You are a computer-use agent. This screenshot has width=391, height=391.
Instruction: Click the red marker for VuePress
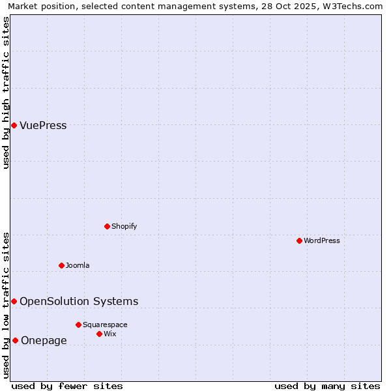14,125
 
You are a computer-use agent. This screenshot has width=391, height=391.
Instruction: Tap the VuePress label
43,126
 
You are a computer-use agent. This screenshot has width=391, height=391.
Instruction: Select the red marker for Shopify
108,226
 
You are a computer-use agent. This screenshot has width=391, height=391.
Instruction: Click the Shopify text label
124,227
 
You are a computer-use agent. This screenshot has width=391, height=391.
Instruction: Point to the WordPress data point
299,240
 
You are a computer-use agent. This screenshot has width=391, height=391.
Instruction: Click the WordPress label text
321,241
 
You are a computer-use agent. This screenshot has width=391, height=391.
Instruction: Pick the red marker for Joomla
62,265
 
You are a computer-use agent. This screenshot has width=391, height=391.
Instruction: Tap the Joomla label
78,266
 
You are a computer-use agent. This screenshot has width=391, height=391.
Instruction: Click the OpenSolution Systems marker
14,301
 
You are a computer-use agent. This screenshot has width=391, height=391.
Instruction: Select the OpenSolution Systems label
79,301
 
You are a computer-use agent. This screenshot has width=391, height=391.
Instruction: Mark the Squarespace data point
78,325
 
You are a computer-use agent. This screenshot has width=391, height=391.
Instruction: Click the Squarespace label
105,325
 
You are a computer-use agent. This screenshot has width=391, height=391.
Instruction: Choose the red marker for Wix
99,334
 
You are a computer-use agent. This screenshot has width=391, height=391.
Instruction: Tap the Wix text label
109,334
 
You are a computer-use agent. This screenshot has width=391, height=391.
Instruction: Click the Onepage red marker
15,340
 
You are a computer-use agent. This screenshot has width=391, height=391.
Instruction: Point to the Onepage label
44,341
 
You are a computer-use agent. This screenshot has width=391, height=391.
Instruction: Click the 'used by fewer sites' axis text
67,386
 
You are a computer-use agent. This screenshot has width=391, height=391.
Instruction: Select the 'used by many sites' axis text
327,386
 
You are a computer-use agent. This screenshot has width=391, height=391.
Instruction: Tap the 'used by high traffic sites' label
7,93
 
